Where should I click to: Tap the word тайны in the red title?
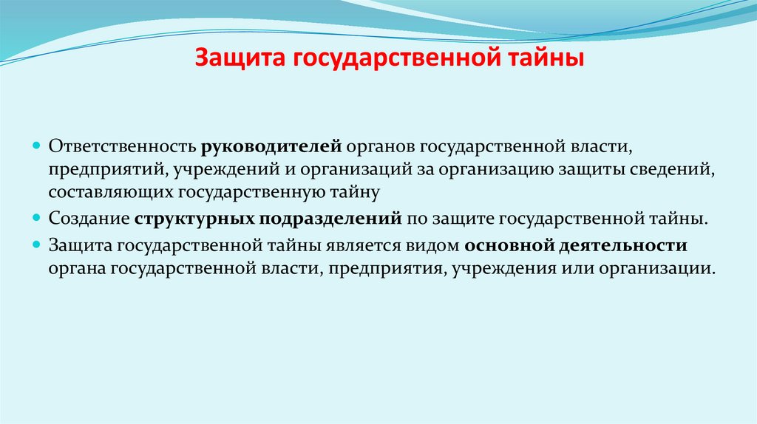543,58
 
